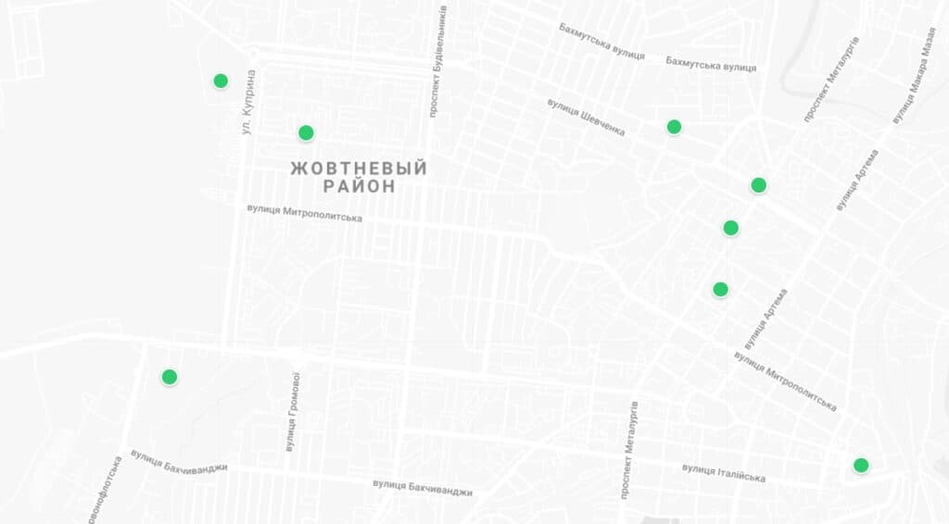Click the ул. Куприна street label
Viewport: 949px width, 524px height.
pyautogui.click(x=248, y=104)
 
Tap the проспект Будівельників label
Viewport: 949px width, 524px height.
pyautogui.click(x=437, y=60)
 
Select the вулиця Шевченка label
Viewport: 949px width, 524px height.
pyautogui.click(x=586, y=118)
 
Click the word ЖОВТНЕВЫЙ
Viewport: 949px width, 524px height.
pyautogui.click(x=359, y=168)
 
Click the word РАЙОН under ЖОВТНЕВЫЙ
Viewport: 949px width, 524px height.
pyautogui.click(x=359, y=186)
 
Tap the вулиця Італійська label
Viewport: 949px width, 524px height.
pyautogui.click(x=724, y=472)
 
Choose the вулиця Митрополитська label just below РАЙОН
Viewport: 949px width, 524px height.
pyautogui.click(x=304, y=212)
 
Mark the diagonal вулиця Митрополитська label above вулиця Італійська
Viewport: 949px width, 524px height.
pyautogui.click(x=785, y=380)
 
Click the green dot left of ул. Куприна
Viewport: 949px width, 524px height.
pyautogui.click(x=221, y=81)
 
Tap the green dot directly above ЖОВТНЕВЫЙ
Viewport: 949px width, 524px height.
pyautogui.click(x=306, y=132)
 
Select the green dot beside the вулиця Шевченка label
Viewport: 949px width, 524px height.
pyautogui.click(x=674, y=127)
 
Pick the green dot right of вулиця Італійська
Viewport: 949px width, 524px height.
pyautogui.click(x=861, y=465)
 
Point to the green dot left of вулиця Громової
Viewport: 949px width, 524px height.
pyautogui.click(x=169, y=377)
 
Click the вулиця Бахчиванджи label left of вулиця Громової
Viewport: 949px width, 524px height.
pyautogui.click(x=179, y=460)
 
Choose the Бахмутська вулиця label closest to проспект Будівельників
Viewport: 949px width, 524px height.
pyautogui.click(x=601, y=41)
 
